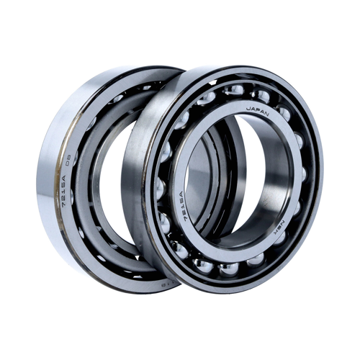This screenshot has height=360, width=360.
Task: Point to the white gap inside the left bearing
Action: [108, 180]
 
